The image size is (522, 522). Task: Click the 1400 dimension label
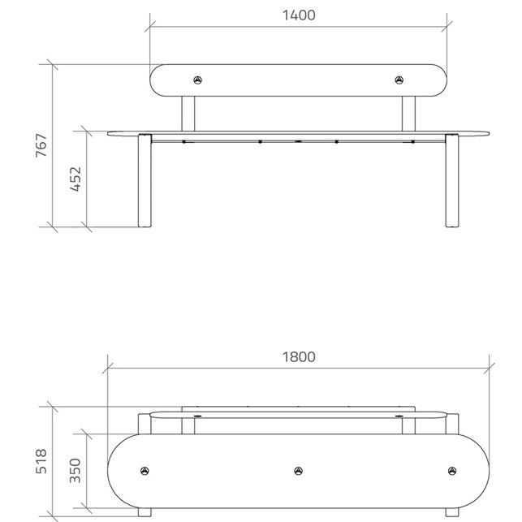point(299,15)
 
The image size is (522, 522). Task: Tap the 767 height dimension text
point(41,145)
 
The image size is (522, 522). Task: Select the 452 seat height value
point(75,179)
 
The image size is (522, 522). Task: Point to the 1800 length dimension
point(299,357)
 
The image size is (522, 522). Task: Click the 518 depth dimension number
point(41,461)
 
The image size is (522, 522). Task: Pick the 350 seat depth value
point(75,470)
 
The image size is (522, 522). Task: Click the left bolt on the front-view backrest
point(198,80)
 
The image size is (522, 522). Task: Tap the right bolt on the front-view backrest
point(399,80)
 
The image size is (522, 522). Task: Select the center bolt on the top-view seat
point(299,471)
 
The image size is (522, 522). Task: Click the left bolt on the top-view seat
point(145,471)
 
